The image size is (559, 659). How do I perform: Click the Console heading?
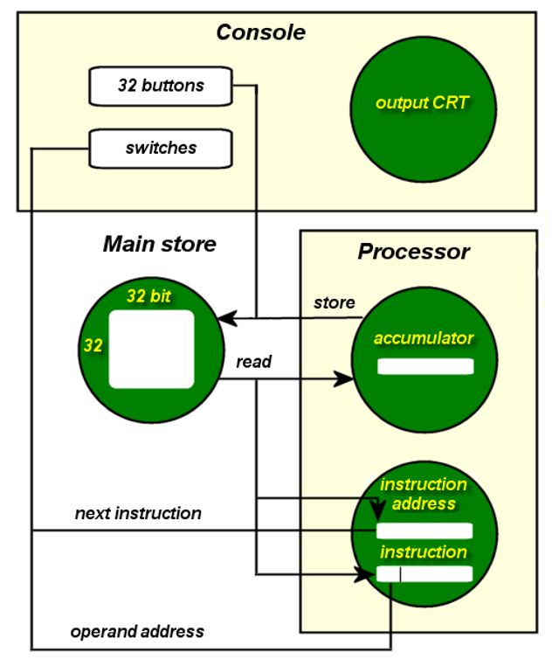coord(261,33)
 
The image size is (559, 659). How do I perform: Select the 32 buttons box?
coord(161,86)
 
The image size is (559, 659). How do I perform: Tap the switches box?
coord(161,148)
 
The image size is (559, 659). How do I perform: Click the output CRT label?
coord(423,103)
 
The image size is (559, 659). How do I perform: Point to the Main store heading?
coord(160,244)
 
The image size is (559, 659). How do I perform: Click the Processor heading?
coord(413,252)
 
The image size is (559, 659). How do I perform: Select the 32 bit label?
coord(148,296)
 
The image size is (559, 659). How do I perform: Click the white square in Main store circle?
coord(151,349)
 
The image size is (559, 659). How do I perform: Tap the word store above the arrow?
coord(335,303)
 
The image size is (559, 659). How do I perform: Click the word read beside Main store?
coord(254,362)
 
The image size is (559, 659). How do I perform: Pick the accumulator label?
coord(424,338)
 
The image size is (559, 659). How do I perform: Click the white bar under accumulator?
coord(425,366)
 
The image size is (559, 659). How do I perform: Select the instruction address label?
coord(424,494)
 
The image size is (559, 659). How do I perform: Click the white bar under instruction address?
coord(424,531)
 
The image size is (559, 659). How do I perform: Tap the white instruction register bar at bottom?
coord(424,574)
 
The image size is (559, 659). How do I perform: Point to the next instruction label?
coord(138,513)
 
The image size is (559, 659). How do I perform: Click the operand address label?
coord(137,631)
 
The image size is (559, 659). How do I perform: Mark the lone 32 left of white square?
coord(93,346)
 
